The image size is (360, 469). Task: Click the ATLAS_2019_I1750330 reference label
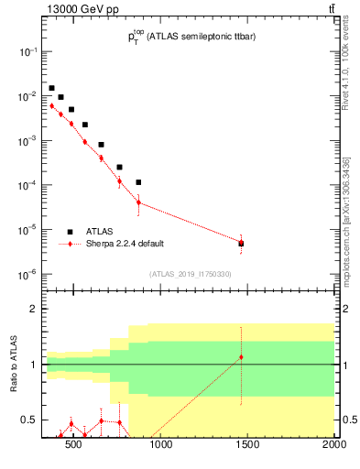[191, 274]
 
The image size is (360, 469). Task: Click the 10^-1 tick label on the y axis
[27, 51]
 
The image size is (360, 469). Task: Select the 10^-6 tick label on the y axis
[27, 274]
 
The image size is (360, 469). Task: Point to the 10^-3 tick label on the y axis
[27, 140]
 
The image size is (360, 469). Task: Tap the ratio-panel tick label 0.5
[29, 420]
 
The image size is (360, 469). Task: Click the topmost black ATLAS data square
[51, 88]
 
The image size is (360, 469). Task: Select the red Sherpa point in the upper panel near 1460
[241, 243]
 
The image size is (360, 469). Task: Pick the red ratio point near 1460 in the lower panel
[241, 357]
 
